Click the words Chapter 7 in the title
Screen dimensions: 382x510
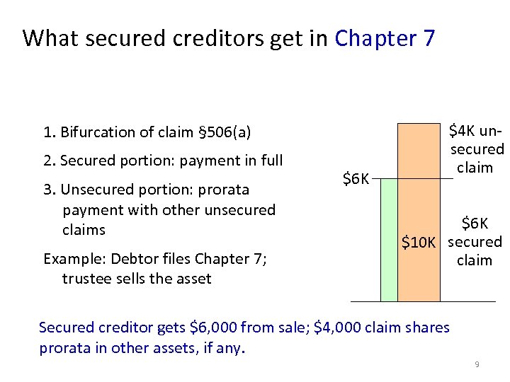(385, 37)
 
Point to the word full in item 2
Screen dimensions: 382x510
(271, 161)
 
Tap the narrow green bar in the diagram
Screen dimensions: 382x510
(388, 240)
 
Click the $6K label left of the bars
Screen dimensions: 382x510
(356, 179)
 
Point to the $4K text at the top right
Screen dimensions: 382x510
(463, 132)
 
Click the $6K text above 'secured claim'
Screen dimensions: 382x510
(475, 224)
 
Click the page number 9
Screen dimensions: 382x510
(477, 364)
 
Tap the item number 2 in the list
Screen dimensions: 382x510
(47, 161)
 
